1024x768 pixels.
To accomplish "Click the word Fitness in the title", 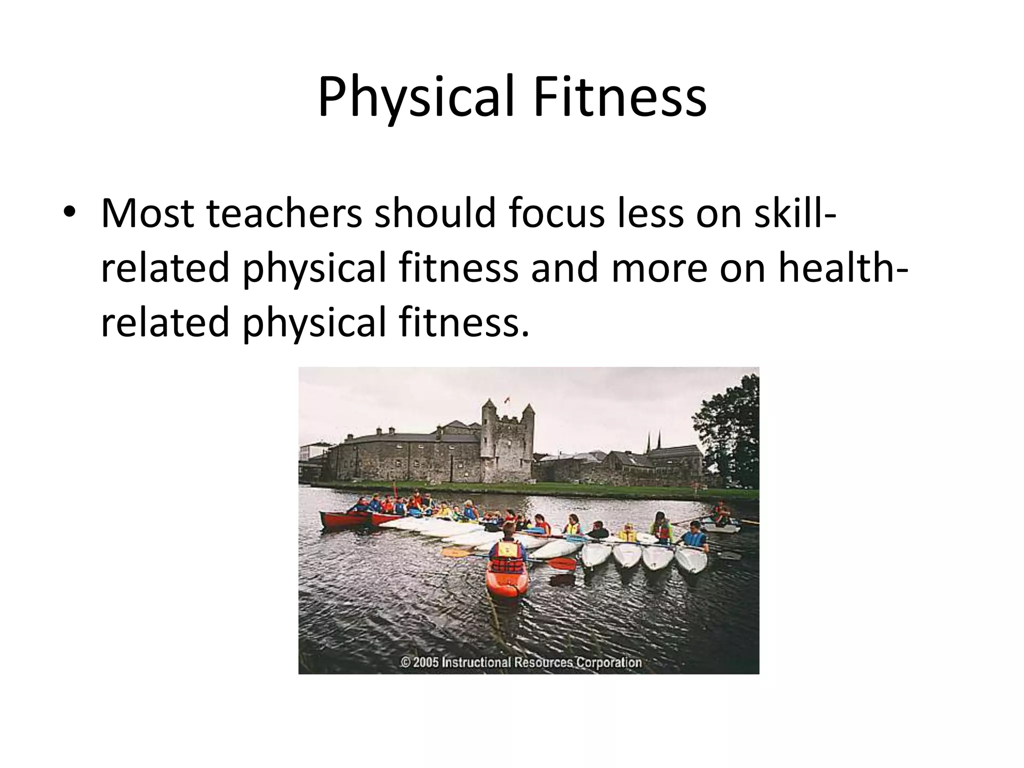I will (x=619, y=97).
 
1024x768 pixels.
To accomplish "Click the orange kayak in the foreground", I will (x=506, y=580).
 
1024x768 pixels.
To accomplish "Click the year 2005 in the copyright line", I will (x=426, y=662).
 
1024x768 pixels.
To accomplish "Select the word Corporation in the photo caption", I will (x=609, y=662).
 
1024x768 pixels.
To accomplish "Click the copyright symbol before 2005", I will (x=405, y=662).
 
